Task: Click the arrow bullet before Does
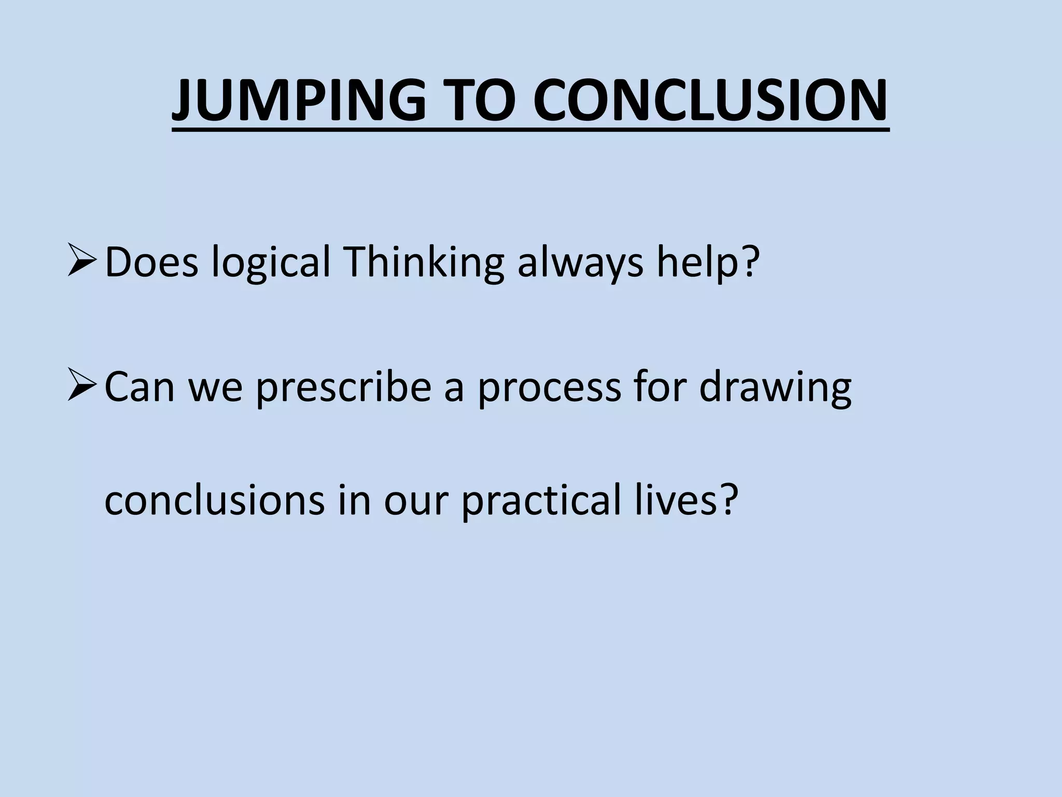click(81, 262)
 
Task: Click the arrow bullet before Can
click(81, 387)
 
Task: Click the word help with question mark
click(708, 263)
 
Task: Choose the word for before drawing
click(659, 387)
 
